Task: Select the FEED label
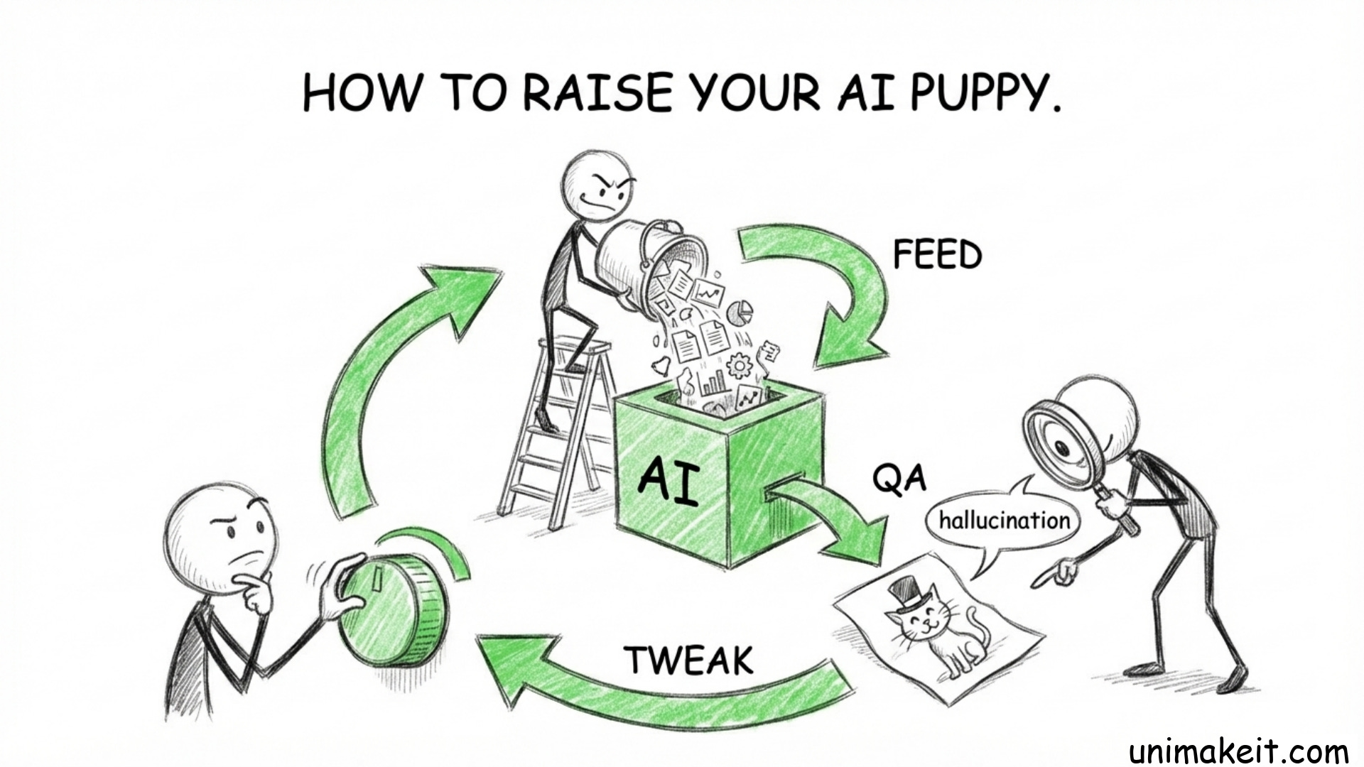click(x=937, y=254)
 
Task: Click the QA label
click(x=899, y=480)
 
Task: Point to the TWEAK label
click(x=689, y=660)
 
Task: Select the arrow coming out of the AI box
click(x=831, y=518)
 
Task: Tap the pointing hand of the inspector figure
click(x=1059, y=572)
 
